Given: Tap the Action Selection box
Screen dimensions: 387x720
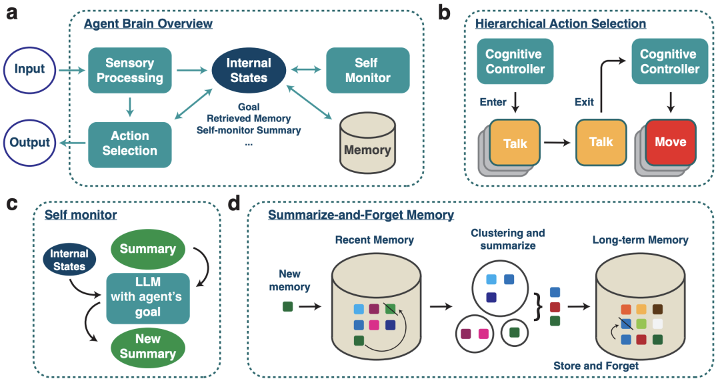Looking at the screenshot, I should pyautogui.click(x=130, y=143).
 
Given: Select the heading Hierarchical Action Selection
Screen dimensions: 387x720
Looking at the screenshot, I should pyautogui.click(x=560, y=23).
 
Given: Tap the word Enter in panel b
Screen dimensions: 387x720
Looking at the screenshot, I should pyautogui.click(x=494, y=102).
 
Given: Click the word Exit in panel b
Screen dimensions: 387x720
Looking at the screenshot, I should pyautogui.click(x=584, y=102).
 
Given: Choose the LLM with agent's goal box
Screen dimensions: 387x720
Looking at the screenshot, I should pyautogui.click(x=149, y=294).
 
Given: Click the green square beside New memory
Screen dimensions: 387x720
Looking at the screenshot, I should pyautogui.click(x=287, y=306).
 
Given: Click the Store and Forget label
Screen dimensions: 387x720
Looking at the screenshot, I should pyautogui.click(x=596, y=366).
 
